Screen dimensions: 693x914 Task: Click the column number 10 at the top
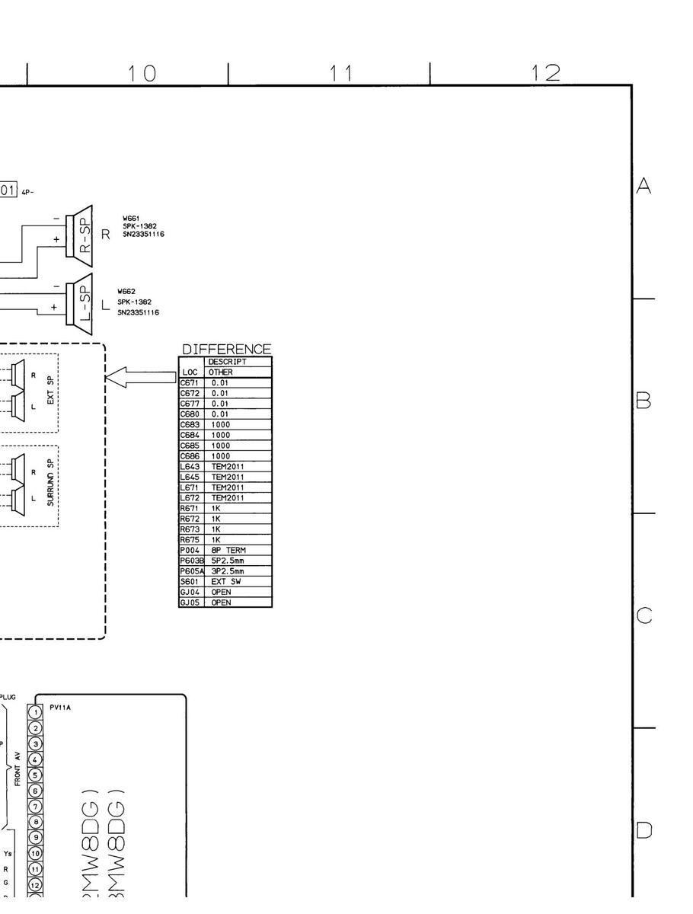coord(142,73)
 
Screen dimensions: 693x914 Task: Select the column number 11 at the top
coord(342,73)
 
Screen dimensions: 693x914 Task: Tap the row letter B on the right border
coord(643,401)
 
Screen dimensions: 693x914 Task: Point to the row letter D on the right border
coord(644,829)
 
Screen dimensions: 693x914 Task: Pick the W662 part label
coord(126,292)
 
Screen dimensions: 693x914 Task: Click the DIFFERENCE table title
coord(226,350)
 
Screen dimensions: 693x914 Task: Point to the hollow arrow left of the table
coord(140,377)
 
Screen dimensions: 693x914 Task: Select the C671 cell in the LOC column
coord(190,382)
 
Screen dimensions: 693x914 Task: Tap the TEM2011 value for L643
coord(228,466)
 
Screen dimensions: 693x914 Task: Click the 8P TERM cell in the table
coord(228,550)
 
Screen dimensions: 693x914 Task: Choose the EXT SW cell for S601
coord(226,582)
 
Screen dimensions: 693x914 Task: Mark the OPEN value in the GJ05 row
coord(222,602)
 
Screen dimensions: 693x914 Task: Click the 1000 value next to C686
coord(221,455)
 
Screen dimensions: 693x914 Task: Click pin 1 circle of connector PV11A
coord(35,711)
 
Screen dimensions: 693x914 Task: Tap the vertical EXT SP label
coord(51,388)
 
